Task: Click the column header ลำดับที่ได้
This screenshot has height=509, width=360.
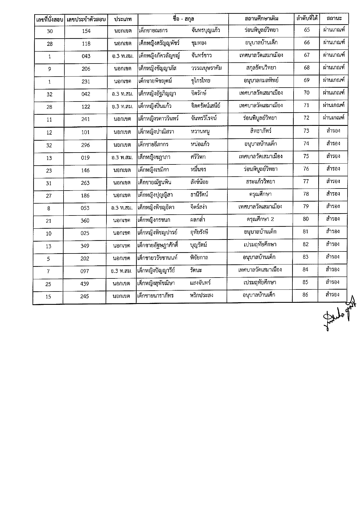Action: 307,19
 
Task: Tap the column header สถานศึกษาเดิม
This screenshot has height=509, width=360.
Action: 261,19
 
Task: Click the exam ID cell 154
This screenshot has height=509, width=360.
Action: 86,31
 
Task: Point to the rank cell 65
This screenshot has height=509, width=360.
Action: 307,30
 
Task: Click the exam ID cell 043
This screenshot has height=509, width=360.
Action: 86,56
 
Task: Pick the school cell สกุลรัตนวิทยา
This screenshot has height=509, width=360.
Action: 261,68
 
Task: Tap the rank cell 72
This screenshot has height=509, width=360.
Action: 306,118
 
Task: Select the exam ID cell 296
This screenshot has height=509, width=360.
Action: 86,145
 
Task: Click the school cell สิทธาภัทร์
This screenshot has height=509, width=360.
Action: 260,131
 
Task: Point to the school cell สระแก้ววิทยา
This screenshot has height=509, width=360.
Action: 260,182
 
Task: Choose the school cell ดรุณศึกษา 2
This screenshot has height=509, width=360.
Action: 260,220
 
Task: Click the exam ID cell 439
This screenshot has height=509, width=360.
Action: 85,284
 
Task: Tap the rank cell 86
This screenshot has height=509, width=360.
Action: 305,295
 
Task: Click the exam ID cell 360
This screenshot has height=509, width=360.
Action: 85,221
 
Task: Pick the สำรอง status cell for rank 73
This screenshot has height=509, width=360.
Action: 333,131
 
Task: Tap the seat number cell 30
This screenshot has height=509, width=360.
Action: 50,31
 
